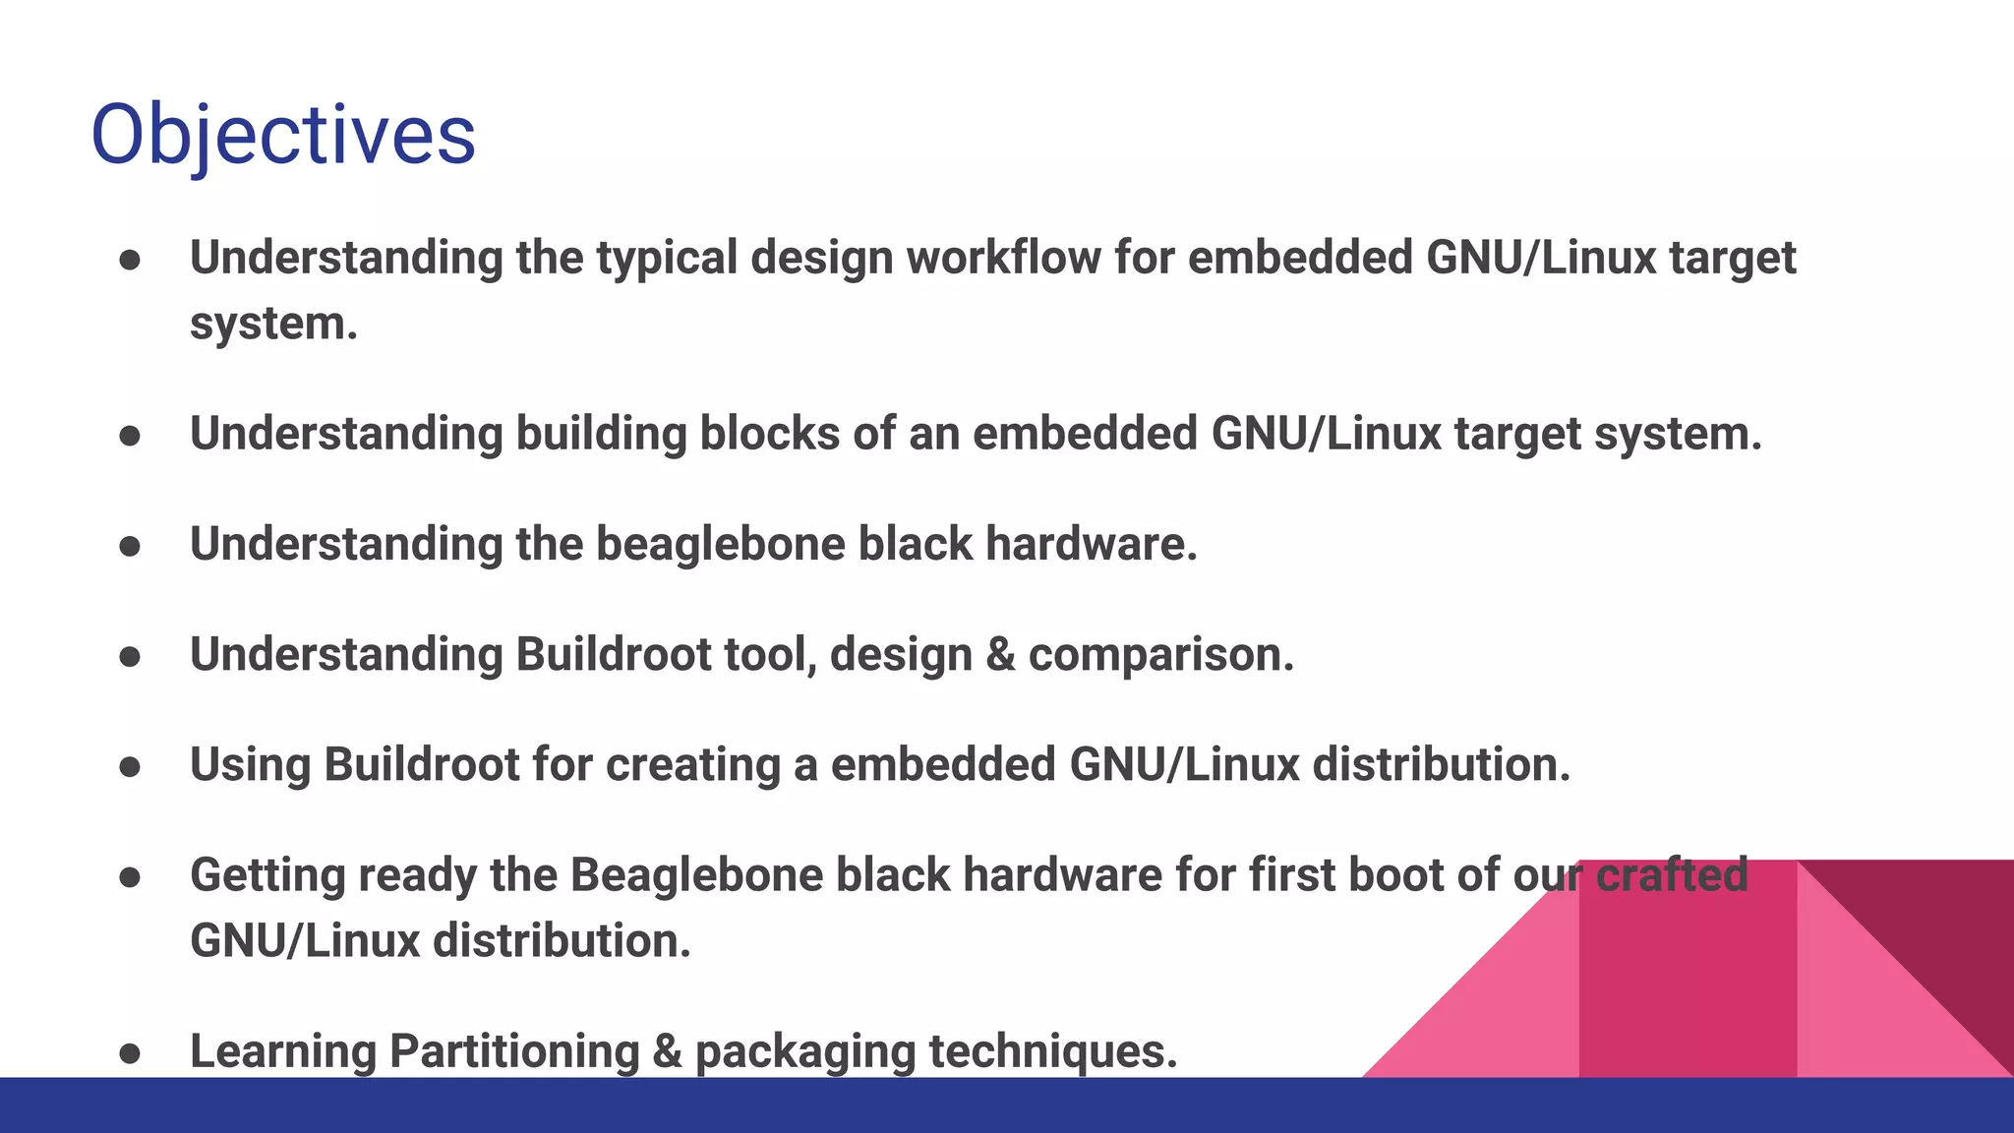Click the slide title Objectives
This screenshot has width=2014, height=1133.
coord(283,135)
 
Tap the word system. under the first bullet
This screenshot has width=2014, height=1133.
coord(273,325)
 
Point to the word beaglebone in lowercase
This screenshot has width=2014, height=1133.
coord(720,544)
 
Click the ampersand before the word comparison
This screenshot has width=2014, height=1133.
coord(1000,655)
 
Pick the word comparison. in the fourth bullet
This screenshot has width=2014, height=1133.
coord(1160,655)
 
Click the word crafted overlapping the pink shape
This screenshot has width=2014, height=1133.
coord(1672,875)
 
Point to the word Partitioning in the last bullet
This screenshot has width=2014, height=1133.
coord(514,1051)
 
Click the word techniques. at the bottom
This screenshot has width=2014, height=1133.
coord(1052,1051)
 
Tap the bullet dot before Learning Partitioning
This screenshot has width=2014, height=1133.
coord(130,1054)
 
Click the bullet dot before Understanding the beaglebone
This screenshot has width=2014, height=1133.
coord(130,547)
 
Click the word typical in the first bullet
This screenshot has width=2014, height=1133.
coord(667,258)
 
